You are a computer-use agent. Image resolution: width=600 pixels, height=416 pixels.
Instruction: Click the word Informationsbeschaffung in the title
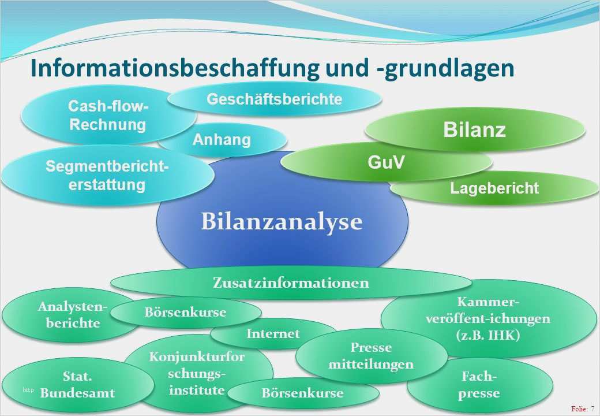tap(175, 68)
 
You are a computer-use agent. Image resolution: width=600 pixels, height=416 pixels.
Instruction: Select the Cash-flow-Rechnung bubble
tap(108, 115)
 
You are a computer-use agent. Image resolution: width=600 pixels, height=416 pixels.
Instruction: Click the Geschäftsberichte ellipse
tap(275, 99)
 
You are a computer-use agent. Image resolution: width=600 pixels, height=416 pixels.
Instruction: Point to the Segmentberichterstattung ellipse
tap(107, 176)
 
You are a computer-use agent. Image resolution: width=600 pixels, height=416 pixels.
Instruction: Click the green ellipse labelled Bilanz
tap(474, 129)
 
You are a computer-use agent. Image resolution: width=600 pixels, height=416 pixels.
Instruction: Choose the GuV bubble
tap(386, 162)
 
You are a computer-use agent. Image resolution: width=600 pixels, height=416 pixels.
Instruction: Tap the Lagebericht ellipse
tap(494, 188)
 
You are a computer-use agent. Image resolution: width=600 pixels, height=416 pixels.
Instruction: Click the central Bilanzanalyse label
tap(282, 221)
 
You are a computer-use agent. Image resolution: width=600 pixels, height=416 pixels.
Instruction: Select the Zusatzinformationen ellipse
tap(291, 283)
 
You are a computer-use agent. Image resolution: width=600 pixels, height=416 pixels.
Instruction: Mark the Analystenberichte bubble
tap(72, 314)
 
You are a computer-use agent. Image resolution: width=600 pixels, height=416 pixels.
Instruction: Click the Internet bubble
tap(273, 333)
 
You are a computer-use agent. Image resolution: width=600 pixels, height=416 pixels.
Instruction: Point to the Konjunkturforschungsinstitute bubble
tap(198, 373)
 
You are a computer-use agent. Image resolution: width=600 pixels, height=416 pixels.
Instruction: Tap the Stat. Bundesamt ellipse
tap(77, 385)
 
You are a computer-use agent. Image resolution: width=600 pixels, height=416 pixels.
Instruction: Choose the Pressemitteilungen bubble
tap(371, 355)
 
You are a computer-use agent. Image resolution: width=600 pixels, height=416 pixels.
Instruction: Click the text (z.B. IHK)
tap(488, 336)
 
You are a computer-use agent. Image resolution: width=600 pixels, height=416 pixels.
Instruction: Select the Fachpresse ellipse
tap(479, 385)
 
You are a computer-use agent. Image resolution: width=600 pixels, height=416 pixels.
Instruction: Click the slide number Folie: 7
tap(583, 408)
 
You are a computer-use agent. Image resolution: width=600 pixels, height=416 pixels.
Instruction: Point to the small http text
tap(28, 390)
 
